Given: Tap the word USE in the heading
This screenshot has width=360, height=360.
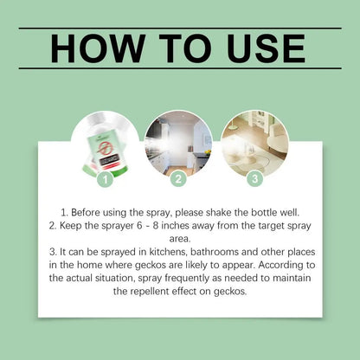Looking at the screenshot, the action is [266, 48].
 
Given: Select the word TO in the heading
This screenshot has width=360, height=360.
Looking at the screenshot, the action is [185, 48].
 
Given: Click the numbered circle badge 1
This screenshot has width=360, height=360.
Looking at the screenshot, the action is [106, 179].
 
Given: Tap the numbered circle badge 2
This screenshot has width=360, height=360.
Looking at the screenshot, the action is [178, 179].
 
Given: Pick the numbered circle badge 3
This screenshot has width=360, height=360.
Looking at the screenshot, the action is [255, 178].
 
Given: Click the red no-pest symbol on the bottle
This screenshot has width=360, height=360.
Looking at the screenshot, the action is [103, 148].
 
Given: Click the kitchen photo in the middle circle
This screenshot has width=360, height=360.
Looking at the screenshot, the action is [178, 144].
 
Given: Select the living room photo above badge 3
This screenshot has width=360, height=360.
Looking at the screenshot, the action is [254, 143].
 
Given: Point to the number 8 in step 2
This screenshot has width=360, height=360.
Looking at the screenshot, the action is [156, 226].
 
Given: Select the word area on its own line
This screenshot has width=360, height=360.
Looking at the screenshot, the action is [180, 239].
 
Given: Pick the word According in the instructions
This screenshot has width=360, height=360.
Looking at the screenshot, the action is [280, 265].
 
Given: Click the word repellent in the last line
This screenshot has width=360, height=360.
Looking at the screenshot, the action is [150, 292].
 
